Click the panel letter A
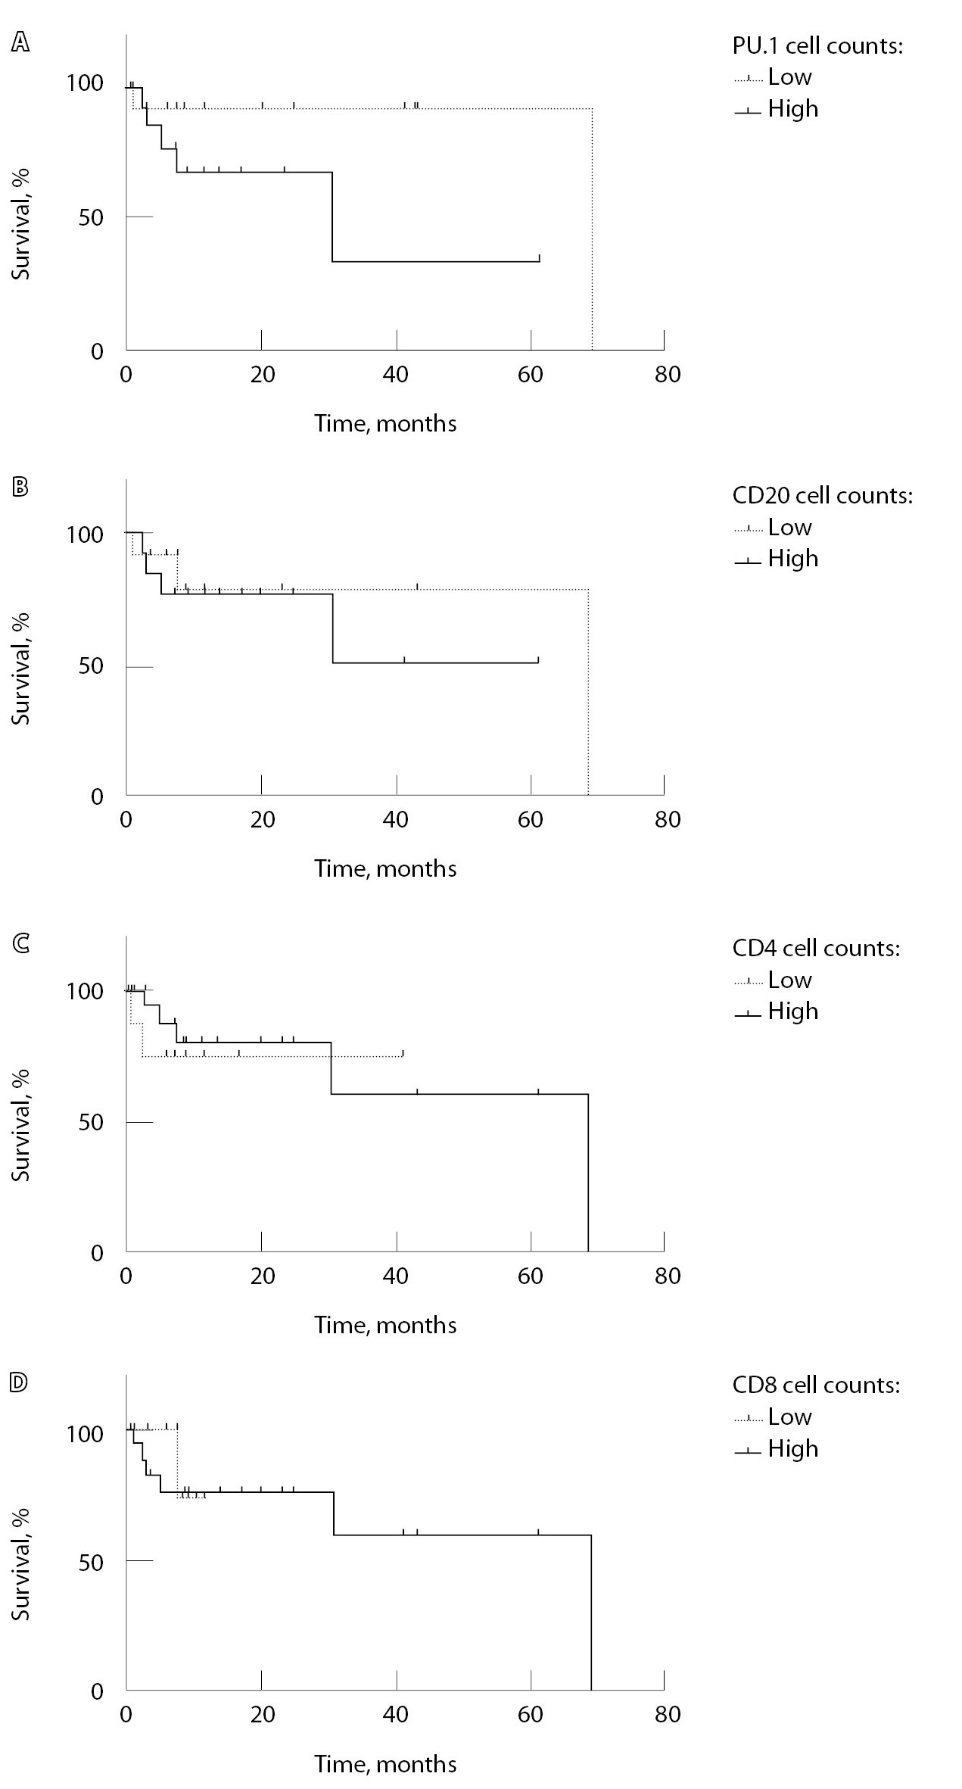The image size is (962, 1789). (x=20, y=43)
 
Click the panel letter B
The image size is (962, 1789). (x=20, y=486)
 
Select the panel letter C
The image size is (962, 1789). (x=20, y=943)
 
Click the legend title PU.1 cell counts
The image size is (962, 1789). (x=817, y=46)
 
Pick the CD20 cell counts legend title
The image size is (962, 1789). (x=823, y=495)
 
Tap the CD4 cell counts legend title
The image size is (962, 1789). (x=816, y=948)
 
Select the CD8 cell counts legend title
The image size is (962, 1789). (x=816, y=1385)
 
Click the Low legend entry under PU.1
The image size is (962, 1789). (x=789, y=77)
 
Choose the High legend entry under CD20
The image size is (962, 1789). (x=792, y=559)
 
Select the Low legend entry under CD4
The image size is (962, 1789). (x=789, y=980)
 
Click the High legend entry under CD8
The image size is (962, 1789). (x=792, y=1448)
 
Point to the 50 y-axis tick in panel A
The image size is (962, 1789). (x=91, y=217)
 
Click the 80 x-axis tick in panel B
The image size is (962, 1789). (x=668, y=820)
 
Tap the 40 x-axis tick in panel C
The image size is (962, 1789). (x=396, y=1276)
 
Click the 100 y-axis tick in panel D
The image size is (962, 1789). (x=85, y=1434)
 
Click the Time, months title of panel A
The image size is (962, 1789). (x=385, y=422)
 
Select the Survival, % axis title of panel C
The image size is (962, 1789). (x=21, y=1124)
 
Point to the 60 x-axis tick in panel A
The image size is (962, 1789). (x=531, y=375)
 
